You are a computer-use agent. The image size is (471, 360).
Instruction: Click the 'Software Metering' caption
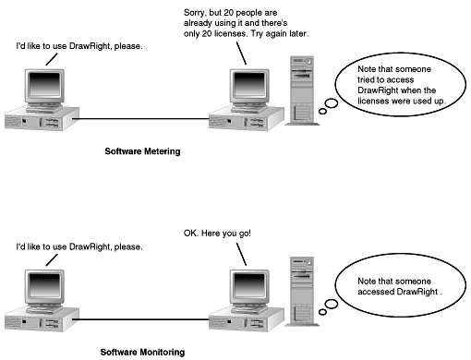(x=142, y=151)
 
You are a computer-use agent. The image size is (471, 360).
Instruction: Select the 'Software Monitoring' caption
(x=142, y=352)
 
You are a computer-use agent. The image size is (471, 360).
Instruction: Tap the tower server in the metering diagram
(x=302, y=90)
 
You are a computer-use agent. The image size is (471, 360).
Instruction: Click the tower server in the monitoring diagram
(x=302, y=292)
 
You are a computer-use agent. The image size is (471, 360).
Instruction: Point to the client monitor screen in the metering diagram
(x=44, y=84)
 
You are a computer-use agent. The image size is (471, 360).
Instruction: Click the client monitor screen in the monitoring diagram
(x=44, y=284)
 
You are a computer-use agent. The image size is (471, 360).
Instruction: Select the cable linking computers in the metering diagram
(x=141, y=118)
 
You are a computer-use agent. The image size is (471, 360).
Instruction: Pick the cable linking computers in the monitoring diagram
(x=141, y=319)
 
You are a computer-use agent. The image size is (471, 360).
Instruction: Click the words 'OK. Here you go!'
(x=217, y=234)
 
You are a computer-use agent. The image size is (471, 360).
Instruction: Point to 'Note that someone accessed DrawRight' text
(x=398, y=286)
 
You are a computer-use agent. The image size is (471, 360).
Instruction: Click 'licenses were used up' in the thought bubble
(x=401, y=101)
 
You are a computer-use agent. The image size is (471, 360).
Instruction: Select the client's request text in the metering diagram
(x=79, y=46)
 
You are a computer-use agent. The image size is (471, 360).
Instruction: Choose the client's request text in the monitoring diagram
(x=79, y=246)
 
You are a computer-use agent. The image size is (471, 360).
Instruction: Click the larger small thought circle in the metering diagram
(x=332, y=103)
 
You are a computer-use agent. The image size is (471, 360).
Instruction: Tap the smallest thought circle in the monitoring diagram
(x=322, y=312)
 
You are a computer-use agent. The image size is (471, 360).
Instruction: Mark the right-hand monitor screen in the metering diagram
(x=249, y=84)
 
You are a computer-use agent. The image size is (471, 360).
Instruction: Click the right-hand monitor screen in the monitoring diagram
(x=249, y=284)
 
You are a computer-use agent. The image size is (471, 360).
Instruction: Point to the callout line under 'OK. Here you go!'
(x=241, y=254)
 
